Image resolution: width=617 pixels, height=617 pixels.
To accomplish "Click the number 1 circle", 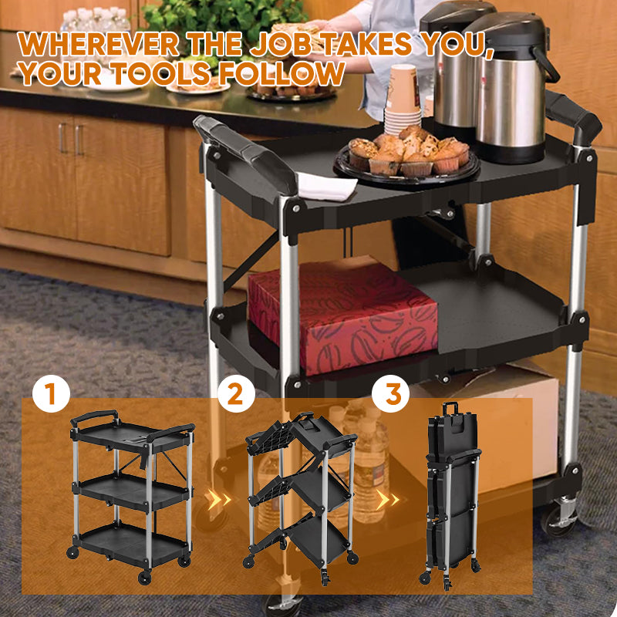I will pos(51,394).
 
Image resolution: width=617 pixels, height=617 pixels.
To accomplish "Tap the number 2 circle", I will pos(235,394).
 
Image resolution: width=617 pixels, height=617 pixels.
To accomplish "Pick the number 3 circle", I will pos(392,394).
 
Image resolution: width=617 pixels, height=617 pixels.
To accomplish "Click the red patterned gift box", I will pos(343,316).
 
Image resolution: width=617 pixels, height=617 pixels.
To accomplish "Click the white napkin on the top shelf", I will pos(324,185).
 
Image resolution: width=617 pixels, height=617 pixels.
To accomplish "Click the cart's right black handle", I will pos(575,116).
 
